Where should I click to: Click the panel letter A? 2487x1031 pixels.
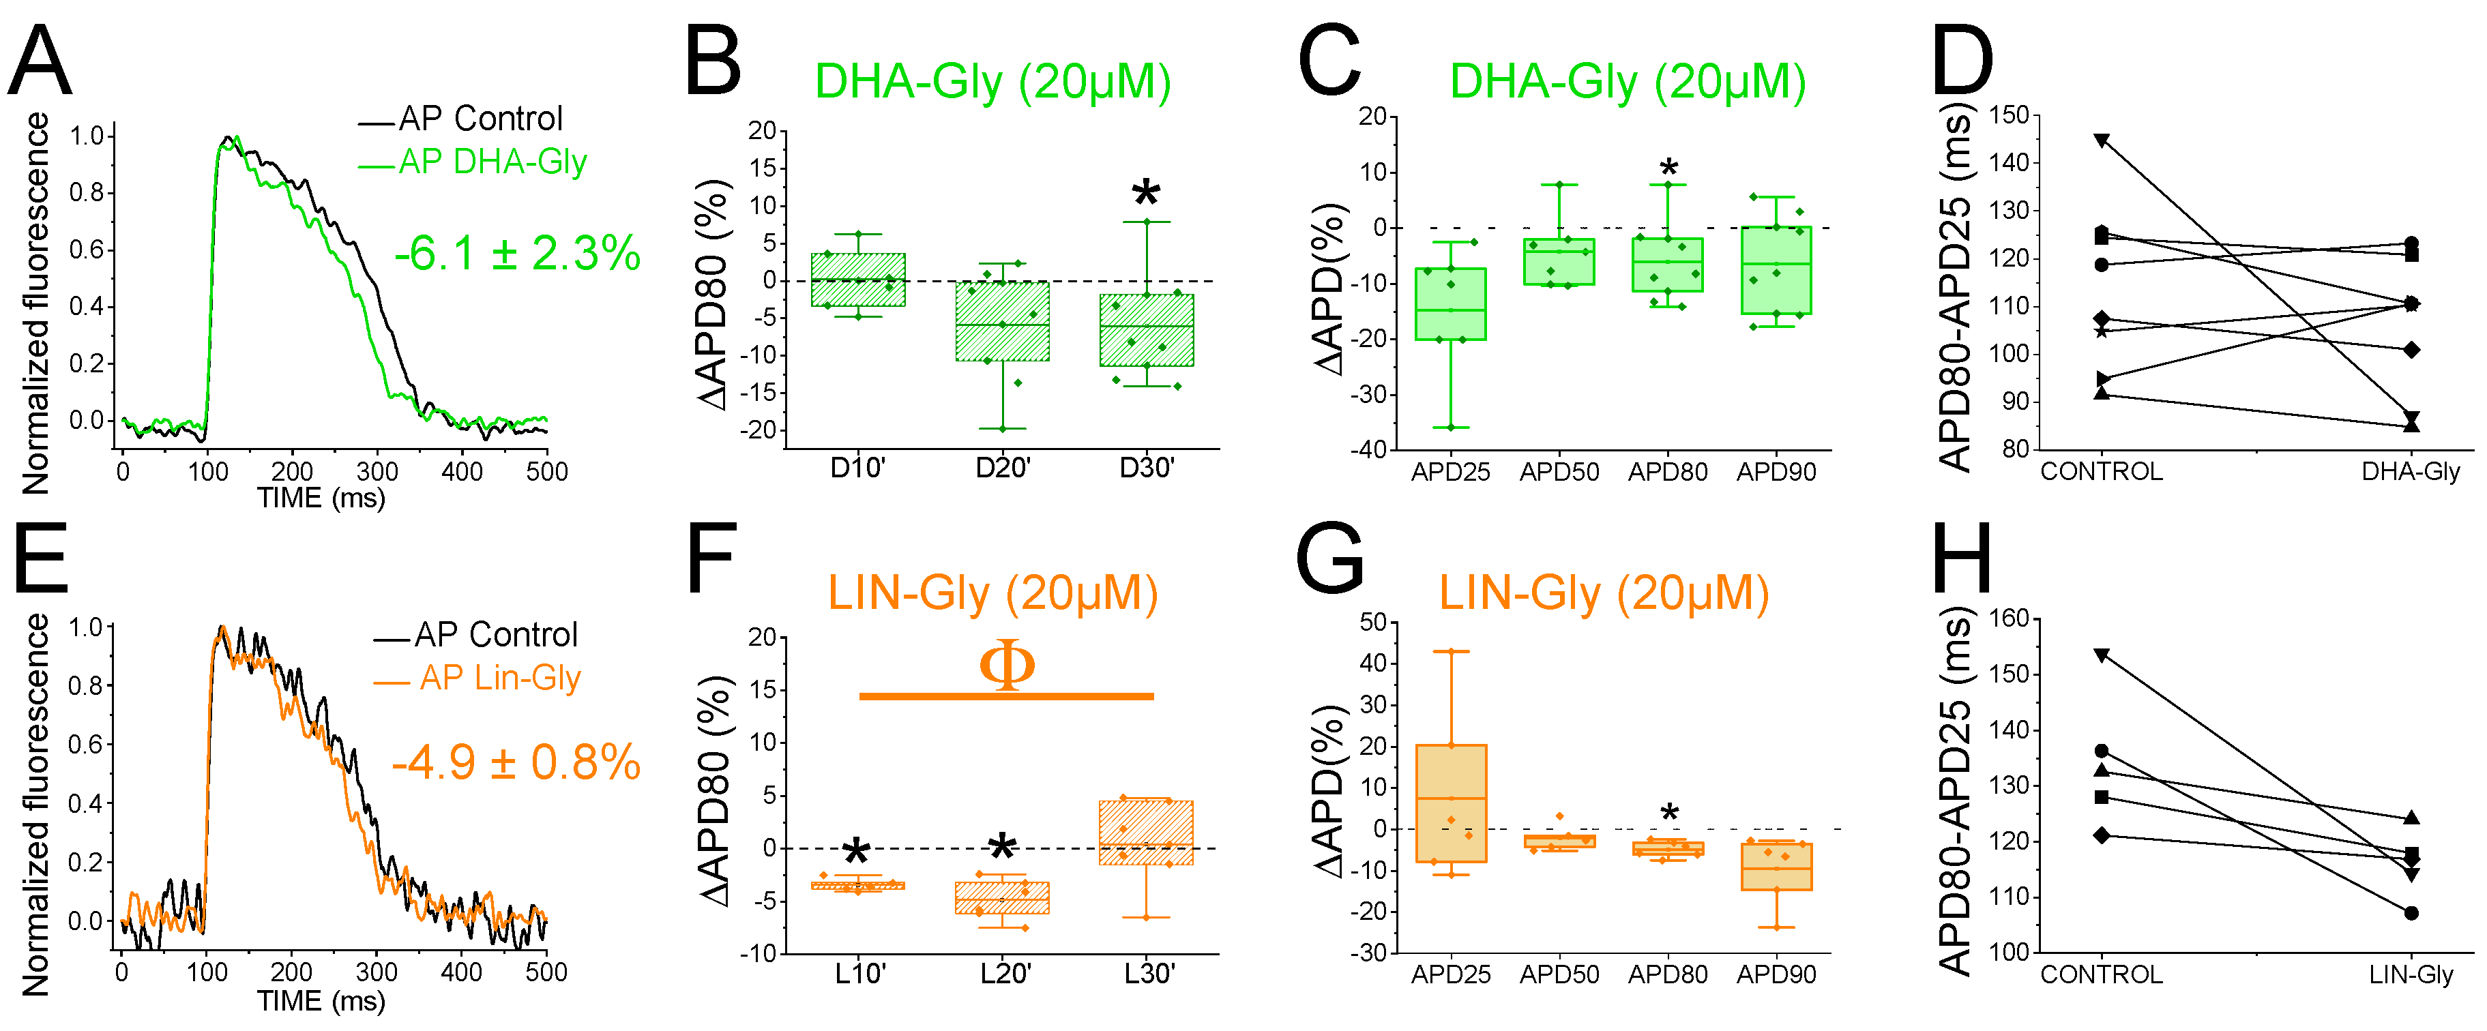(x=40, y=62)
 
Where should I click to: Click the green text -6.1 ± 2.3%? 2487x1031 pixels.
(x=516, y=254)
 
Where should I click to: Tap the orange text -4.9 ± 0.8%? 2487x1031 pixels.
(x=516, y=762)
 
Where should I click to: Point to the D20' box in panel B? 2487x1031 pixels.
(x=1002, y=320)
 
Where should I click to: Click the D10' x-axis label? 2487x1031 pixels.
(x=857, y=468)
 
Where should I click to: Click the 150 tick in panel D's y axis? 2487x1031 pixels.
(x=2010, y=115)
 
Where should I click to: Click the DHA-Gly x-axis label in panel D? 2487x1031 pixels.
(x=2410, y=472)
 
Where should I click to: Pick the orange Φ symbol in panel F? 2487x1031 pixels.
(x=1006, y=664)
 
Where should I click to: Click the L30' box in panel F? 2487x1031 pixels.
(x=1146, y=832)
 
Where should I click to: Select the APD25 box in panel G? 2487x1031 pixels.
(x=1450, y=803)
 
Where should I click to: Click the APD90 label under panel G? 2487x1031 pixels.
(x=1776, y=975)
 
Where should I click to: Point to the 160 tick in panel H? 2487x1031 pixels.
(x=2010, y=618)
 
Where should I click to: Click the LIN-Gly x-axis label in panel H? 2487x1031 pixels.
(x=2410, y=975)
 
